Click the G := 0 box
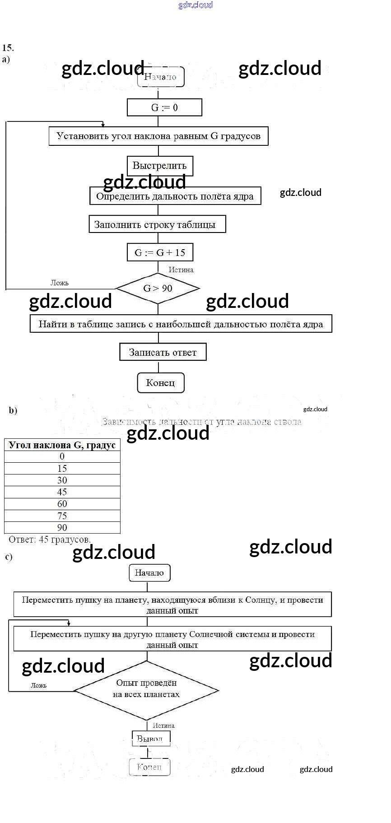coord(164,107)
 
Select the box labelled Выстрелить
coord(160,166)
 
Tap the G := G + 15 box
coord(160,252)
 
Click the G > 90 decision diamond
coord(158,288)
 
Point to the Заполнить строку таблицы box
coord(157,224)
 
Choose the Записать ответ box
coord(163,352)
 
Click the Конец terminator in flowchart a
coord(160,383)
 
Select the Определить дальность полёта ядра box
coord(175,196)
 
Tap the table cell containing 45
coord(62,492)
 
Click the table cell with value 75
coord(62,516)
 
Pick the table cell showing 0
coord(62,456)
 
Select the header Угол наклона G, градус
coord(62,445)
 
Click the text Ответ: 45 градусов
coord(50,539)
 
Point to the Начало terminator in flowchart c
coord(149,573)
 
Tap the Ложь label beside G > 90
coord(60,283)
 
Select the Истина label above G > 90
coord(181,270)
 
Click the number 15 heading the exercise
coord(8,47)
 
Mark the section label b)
coord(13,410)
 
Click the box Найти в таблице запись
coord(181,324)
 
